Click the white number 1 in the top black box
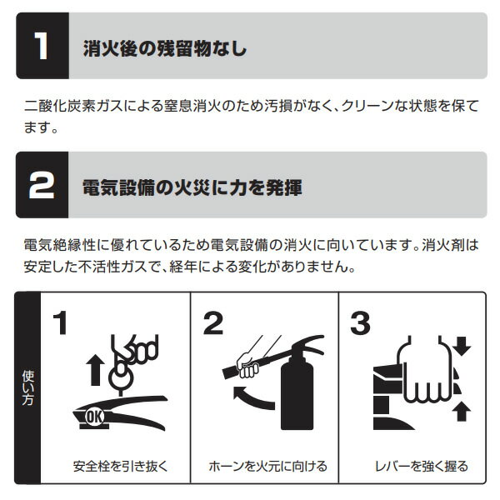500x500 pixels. pyautogui.click(x=41, y=46)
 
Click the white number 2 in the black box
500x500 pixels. pyautogui.click(x=42, y=185)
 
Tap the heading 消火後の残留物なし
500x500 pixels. pyautogui.click(x=165, y=48)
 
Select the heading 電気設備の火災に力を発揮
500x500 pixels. pyautogui.click(x=192, y=187)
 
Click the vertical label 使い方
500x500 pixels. pyautogui.click(x=27, y=387)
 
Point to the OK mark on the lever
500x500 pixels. pyautogui.click(x=95, y=417)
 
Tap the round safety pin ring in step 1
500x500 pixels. pyautogui.click(x=121, y=377)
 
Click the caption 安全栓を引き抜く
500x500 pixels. pyautogui.click(x=120, y=466)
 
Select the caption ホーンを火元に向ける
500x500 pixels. pyautogui.click(x=267, y=466)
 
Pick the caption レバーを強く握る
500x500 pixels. pyautogui.click(x=422, y=466)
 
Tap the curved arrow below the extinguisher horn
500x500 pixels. pyautogui.click(x=252, y=397)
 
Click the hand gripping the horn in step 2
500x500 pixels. pyautogui.click(x=247, y=365)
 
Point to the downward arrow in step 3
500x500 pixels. pyautogui.click(x=462, y=347)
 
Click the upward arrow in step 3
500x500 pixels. pyautogui.click(x=462, y=412)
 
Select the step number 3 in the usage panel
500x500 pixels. pyautogui.click(x=360, y=323)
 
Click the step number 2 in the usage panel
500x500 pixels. pyautogui.click(x=213, y=323)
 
